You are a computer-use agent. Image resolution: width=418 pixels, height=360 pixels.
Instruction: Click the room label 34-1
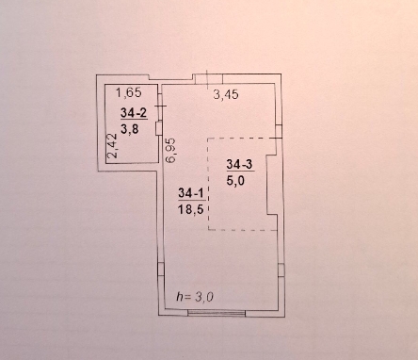click(x=192, y=193)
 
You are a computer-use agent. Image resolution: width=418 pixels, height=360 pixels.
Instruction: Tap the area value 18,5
click(x=191, y=208)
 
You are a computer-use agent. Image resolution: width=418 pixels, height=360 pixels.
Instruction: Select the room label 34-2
click(x=134, y=112)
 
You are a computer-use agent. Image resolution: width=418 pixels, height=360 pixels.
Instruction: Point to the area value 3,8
click(x=130, y=128)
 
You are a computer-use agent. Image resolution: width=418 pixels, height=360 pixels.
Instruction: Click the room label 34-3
click(x=240, y=164)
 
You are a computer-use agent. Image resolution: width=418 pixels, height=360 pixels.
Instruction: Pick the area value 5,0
click(x=235, y=180)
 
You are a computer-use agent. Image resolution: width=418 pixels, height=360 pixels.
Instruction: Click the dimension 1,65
click(x=129, y=92)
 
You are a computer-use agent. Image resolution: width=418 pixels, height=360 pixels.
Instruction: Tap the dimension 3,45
click(x=226, y=94)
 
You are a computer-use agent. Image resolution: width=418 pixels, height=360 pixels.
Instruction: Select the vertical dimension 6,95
click(x=171, y=150)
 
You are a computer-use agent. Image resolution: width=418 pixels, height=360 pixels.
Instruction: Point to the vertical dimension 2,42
click(x=112, y=146)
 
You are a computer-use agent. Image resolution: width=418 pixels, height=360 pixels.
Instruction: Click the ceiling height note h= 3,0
click(x=195, y=297)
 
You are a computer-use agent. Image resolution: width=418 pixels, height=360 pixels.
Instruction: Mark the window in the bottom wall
click(x=217, y=312)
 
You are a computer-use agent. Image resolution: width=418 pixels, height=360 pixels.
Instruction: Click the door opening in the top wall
click(x=208, y=78)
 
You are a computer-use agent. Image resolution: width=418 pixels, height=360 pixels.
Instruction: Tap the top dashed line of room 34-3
click(x=242, y=139)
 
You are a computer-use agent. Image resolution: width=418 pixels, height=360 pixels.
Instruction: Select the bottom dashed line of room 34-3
click(x=243, y=230)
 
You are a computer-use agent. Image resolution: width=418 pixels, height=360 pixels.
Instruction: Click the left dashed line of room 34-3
click(x=208, y=184)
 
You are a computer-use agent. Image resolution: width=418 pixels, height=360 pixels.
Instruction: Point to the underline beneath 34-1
click(x=192, y=200)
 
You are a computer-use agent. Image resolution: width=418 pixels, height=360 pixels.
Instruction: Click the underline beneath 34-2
click(x=134, y=120)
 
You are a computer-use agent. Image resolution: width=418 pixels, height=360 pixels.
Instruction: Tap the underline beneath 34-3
click(x=240, y=172)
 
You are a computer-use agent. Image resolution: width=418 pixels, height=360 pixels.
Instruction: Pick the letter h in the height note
click(x=180, y=296)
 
